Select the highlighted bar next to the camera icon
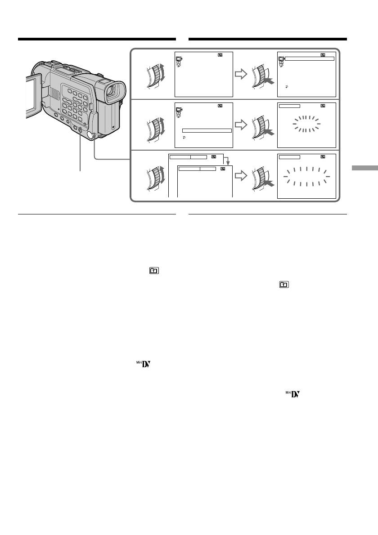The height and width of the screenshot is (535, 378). pyautogui.click(x=310, y=58)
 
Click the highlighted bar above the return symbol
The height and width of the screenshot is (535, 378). pyautogui.click(x=207, y=130)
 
